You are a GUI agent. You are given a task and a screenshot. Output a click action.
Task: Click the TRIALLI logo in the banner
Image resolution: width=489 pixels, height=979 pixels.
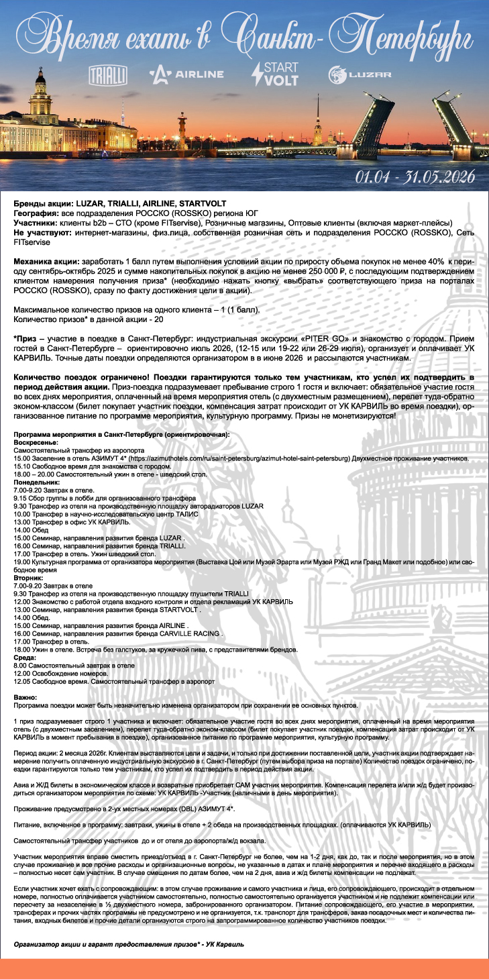108,74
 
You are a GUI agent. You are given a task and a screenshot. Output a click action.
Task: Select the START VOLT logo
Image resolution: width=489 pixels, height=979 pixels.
274,73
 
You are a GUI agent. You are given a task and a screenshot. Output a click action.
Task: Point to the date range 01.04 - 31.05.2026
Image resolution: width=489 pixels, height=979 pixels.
415,176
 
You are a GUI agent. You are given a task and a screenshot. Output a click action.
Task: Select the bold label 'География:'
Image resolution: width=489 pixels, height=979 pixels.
37,213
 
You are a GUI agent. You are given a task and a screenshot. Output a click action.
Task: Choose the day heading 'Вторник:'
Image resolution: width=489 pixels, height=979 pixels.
29,576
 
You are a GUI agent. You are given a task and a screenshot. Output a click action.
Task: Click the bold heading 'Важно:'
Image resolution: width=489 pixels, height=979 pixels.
25,697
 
